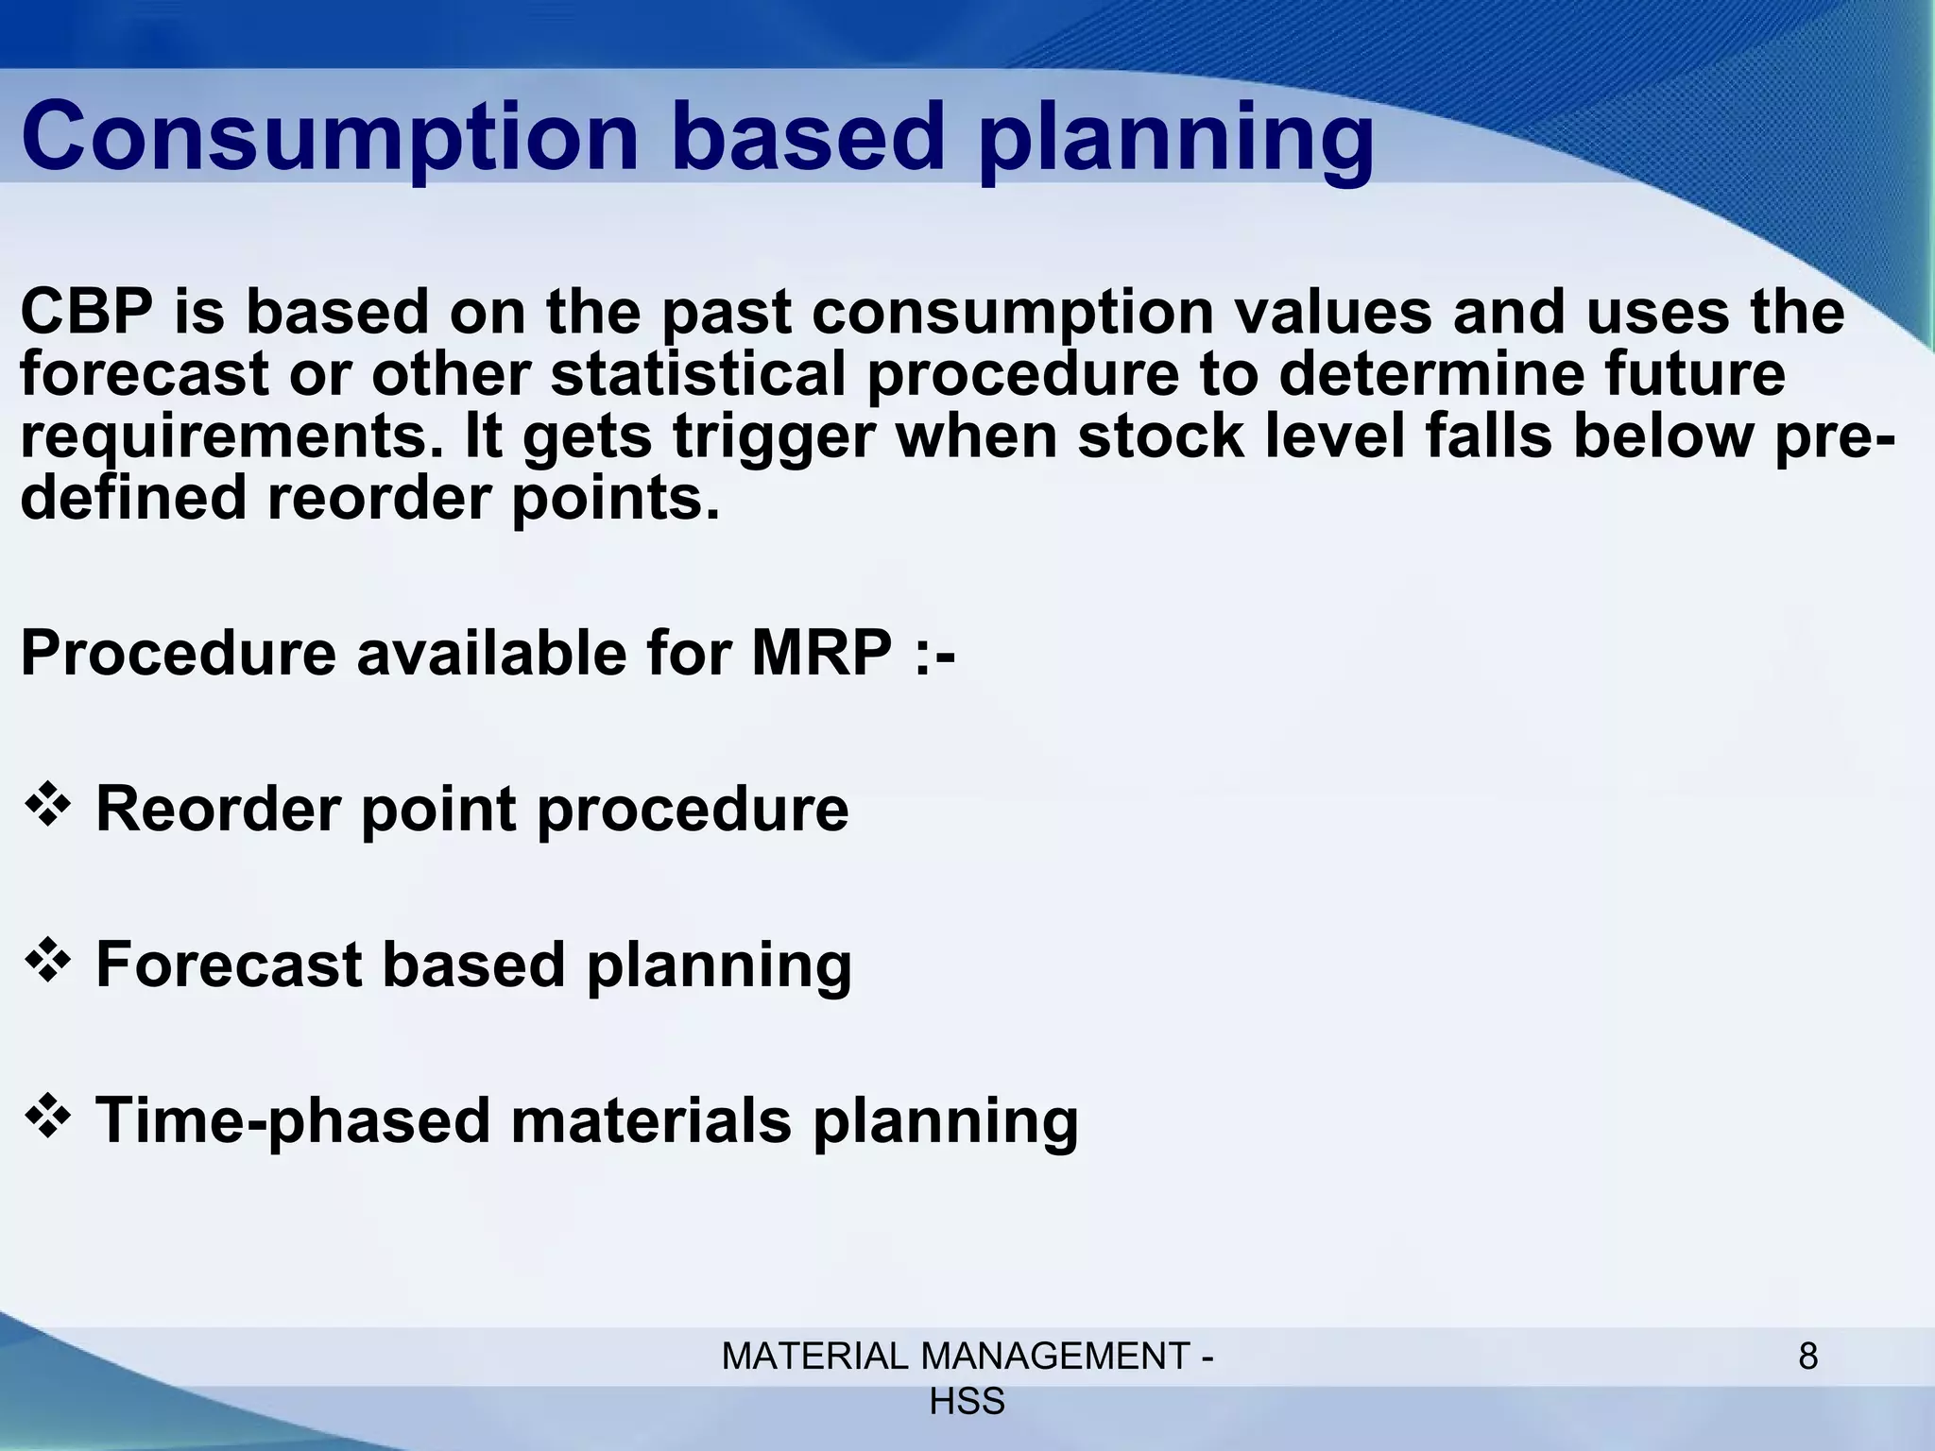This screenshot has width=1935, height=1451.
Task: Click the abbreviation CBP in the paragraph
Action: tap(86, 312)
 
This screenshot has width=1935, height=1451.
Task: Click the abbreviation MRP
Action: tap(821, 653)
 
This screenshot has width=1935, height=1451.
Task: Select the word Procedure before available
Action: tap(178, 653)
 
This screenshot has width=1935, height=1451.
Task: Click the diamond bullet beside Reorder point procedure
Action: tap(48, 806)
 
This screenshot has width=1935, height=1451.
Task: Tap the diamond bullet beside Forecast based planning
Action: tap(48, 962)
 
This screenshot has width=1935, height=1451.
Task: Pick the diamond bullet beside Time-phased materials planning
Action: tap(48, 1118)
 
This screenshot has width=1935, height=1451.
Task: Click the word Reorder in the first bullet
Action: tap(218, 810)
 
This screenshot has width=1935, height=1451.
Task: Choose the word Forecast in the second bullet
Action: tap(229, 965)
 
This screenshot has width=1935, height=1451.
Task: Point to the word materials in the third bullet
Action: tap(651, 1121)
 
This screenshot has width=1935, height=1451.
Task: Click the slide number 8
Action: tap(1807, 1357)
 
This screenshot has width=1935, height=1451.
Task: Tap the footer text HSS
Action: tap(967, 1402)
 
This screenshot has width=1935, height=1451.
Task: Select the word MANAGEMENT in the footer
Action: tap(1055, 1357)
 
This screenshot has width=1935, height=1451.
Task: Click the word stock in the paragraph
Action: tap(1160, 436)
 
